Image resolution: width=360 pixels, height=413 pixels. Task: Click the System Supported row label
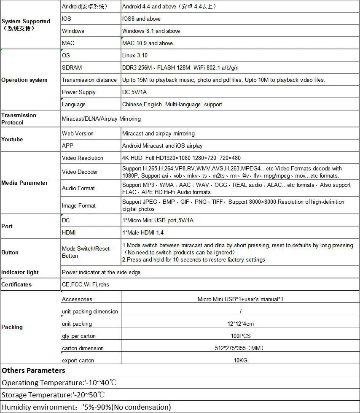click(26, 24)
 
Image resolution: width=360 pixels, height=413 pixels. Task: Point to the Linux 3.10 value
click(135, 55)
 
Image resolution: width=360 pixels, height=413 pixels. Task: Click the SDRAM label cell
click(72, 67)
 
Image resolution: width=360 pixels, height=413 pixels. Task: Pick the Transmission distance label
click(89, 80)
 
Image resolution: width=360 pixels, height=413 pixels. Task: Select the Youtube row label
click(12, 139)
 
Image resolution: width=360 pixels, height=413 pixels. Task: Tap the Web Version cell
click(78, 133)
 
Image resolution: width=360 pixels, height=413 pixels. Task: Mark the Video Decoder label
click(80, 172)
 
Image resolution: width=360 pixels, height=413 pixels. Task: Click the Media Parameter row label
click(24, 183)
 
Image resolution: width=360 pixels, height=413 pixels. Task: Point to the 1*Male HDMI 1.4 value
click(143, 232)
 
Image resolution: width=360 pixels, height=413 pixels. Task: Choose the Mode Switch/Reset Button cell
click(86, 252)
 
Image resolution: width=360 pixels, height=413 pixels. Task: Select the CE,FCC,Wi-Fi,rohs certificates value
click(86, 284)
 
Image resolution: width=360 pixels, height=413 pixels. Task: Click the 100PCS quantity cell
click(240, 336)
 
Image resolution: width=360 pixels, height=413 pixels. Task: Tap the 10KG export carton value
click(240, 360)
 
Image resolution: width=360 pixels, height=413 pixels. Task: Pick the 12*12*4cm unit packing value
click(240, 324)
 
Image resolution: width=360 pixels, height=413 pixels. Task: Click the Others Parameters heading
click(34, 370)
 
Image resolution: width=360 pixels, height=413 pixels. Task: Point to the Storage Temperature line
click(54, 395)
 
